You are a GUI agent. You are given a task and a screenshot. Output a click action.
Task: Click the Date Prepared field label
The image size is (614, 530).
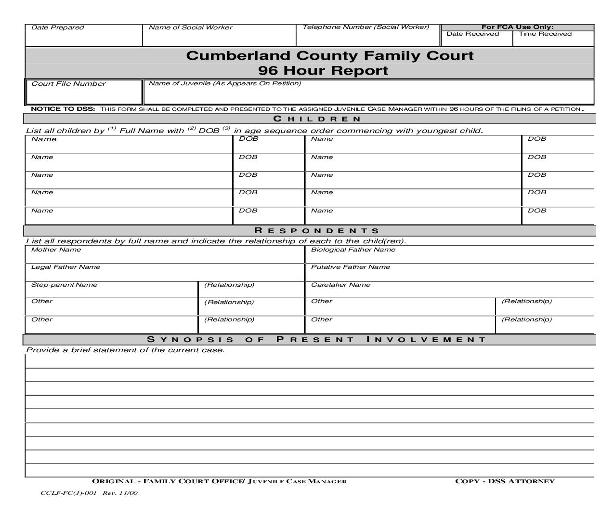coord(57,27)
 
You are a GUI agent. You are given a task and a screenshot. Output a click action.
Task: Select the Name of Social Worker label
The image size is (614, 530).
coord(190,27)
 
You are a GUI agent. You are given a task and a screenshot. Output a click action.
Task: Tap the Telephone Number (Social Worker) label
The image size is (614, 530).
coord(366,27)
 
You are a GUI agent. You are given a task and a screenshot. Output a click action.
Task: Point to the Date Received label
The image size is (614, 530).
coord(472,34)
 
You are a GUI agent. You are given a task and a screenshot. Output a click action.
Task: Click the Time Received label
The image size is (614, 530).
coord(545,34)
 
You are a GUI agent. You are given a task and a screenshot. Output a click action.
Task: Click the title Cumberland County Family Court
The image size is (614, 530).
coord(330,55)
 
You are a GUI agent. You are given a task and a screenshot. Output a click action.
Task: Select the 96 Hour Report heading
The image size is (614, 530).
coord(323,70)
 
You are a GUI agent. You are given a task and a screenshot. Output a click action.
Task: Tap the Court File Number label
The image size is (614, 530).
coord(68,84)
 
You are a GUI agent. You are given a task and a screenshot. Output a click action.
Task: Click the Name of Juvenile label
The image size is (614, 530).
coord(224,83)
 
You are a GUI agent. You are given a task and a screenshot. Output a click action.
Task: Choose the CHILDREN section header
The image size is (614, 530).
coord(317,119)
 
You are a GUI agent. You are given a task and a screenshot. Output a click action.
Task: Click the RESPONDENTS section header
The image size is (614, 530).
coord(317,231)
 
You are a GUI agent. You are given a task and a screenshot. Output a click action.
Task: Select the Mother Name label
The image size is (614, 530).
coord(56,250)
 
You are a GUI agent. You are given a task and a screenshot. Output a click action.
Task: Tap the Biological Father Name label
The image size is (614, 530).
coord(353,250)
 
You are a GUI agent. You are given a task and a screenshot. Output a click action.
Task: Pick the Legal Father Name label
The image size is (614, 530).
coord(65,267)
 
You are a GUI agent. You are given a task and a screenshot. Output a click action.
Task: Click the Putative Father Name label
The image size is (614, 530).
coord(350,267)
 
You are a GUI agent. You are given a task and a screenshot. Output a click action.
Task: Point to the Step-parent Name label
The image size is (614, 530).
coord(64,285)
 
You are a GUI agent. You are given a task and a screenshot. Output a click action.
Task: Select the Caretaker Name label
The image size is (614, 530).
coord(340,285)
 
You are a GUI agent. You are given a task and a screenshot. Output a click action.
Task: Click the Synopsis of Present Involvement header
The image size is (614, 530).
coord(317,340)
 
